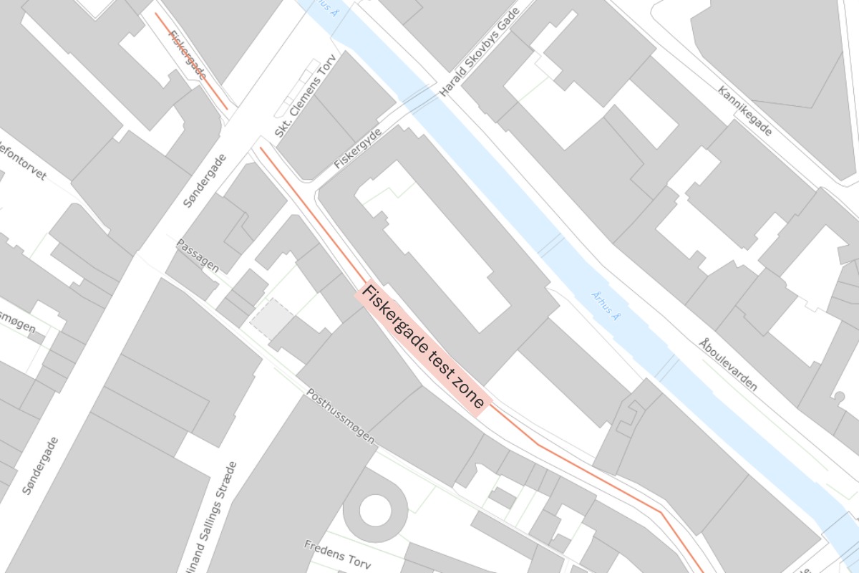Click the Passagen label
[x=198, y=256]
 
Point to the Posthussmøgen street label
[x=341, y=415]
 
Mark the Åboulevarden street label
[x=728, y=364]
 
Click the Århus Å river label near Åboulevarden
[x=606, y=304]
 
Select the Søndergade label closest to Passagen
[x=204, y=180]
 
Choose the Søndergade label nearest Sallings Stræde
[x=40, y=466]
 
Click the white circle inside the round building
[x=375, y=510]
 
